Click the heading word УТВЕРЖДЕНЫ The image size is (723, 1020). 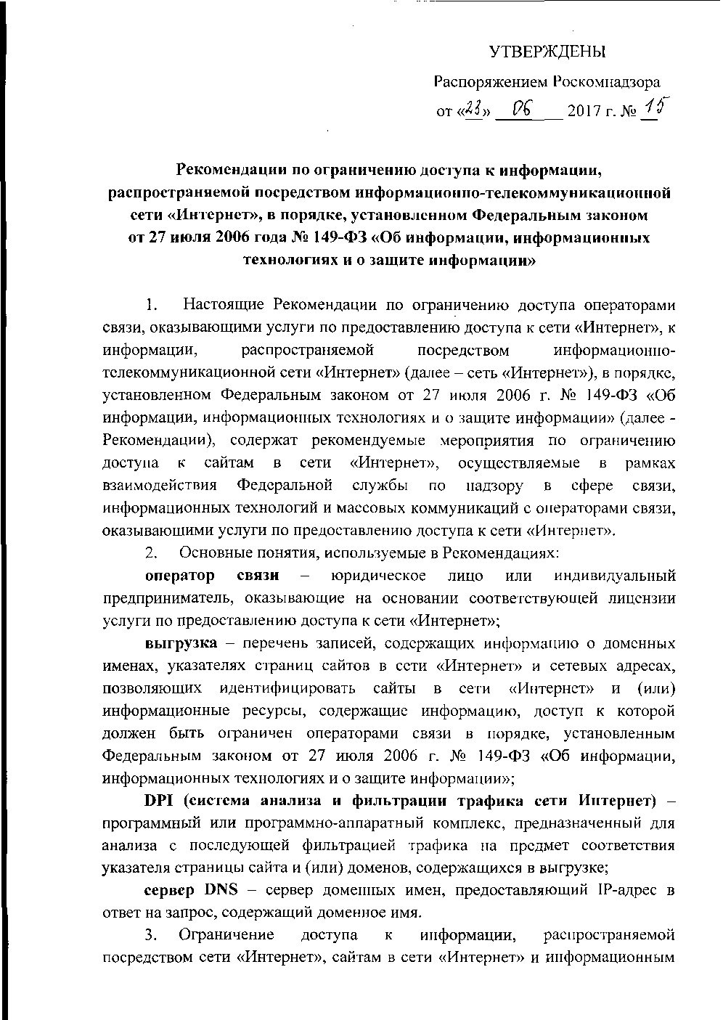(x=547, y=52)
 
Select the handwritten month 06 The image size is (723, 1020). (x=523, y=109)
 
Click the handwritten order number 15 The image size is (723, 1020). (x=657, y=107)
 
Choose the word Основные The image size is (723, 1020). (x=211, y=552)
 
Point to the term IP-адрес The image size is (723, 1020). (x=629, y=889)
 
